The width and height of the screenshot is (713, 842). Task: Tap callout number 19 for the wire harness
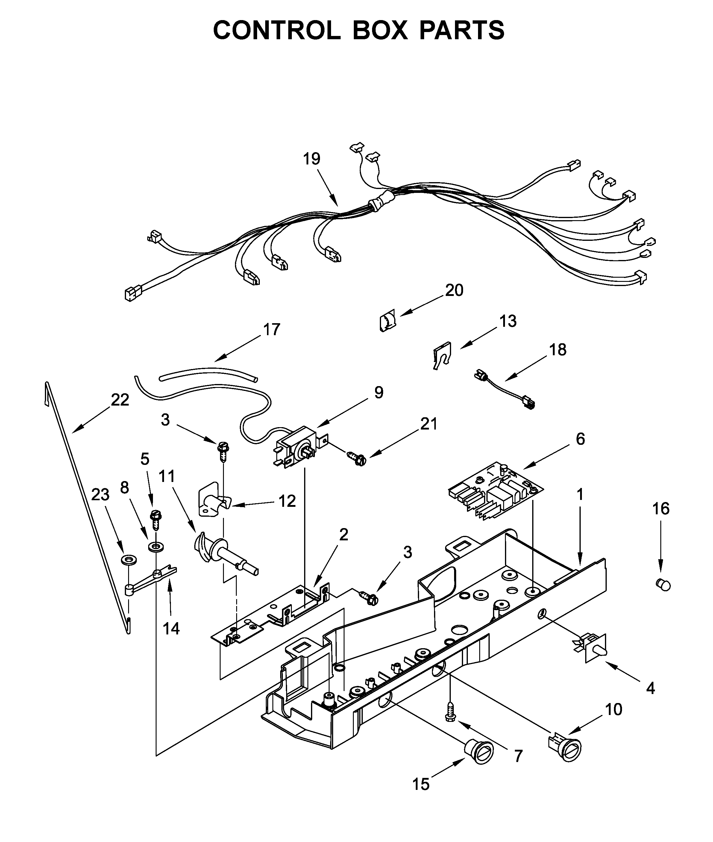click(x=312, y=159)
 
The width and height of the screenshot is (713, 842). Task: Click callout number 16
click(x=661, y=509)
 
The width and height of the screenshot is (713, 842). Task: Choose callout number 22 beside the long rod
click(x=120, y=400)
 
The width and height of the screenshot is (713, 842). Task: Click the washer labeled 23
click(x=129, y=560)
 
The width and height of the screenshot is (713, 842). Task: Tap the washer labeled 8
click(x=154, y=548)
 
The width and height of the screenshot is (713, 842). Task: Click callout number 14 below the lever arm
click(x=171, y=628)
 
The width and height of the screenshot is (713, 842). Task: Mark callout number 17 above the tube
click(x=271, y=329)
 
